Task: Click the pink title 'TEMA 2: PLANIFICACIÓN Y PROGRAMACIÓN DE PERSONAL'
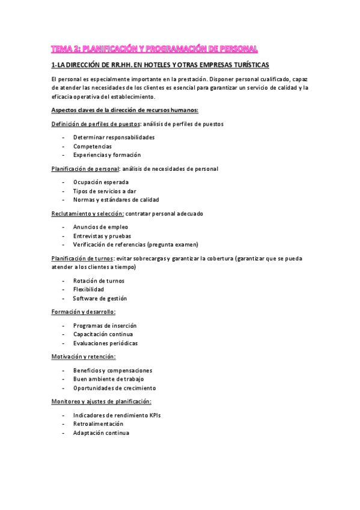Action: click(154, 48)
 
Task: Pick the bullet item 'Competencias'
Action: click(92, 146)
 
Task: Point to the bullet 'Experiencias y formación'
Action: click(107, 155)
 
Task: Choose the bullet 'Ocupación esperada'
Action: click(101, 182)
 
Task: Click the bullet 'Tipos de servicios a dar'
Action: click(105, 191)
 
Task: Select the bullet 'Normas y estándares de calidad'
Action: click(116, 200)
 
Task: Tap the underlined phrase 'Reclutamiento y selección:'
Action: click(88, 214)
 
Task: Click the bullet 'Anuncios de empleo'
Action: click(100, 227)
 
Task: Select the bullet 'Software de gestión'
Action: click(100, 298)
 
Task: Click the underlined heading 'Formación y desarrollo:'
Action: click(84, 312)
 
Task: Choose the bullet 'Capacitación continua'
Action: click(103, 334)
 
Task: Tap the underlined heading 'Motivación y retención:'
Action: click(84, 357)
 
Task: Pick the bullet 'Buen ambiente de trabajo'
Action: click(109, 379)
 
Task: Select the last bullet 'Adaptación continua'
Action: click(101, 433)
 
